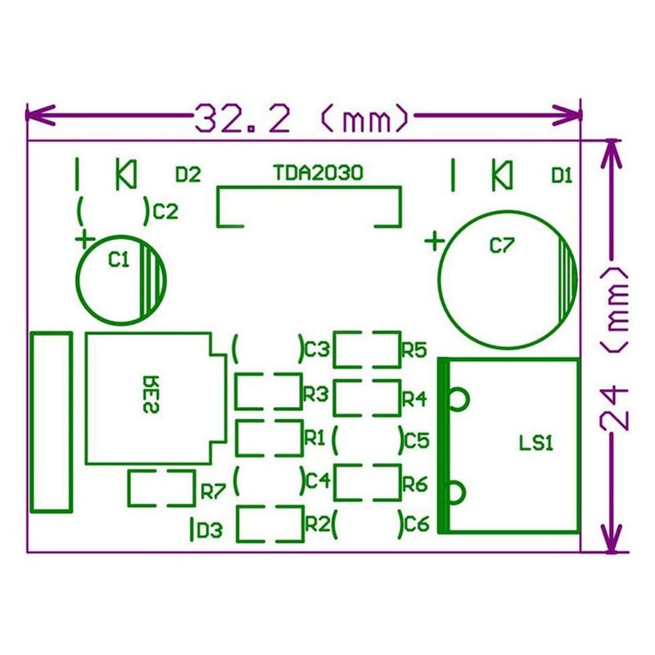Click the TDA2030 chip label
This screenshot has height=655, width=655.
tap(308, 174)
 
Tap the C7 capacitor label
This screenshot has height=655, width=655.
tap(500, 245)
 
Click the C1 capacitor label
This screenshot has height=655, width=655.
tap(120, 260)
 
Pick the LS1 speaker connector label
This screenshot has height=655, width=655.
tap(537, 444)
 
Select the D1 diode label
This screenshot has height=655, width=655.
tap(562, 174)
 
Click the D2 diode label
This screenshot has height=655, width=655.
tap(188, 174)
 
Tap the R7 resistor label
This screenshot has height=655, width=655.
tap(213, 492)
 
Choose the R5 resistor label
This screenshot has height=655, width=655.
tap(414, 350)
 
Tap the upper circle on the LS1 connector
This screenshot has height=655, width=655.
tap(458, 398)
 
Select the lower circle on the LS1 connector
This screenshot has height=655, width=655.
tap(458, 492)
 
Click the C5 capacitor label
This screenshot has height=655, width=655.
tap(417, 441)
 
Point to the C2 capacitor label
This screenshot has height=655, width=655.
tap(165, 212)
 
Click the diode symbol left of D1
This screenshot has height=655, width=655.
tap(501, 174)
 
